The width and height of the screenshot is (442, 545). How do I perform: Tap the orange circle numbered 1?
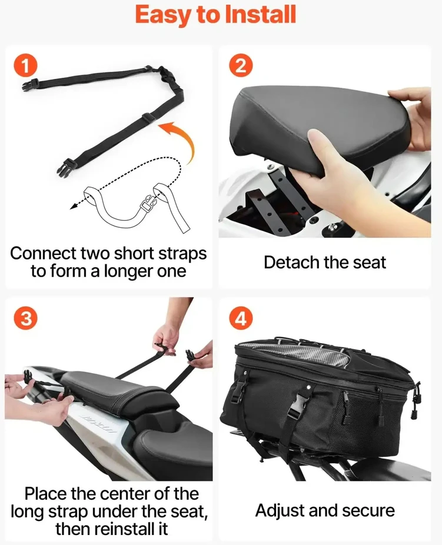tap(25, 66)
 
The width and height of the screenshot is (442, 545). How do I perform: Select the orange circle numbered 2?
tap(241, 66)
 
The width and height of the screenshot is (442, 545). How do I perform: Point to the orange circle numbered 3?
tap(25, 318)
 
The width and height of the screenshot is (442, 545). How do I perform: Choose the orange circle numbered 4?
tap(241, 318)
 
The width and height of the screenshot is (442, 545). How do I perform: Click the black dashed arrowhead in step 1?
tap(74, 207)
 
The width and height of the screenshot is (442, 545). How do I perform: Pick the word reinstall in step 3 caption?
tap(131, 529)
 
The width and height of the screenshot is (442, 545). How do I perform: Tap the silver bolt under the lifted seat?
tap(333, 227)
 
